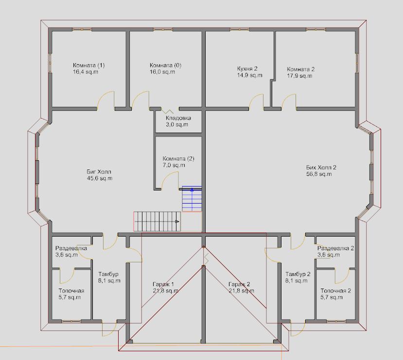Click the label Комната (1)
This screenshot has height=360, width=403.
click(x=88, y=65)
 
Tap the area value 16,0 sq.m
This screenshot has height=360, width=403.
click(x=162, y=72)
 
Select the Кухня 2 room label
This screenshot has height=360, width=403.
click(x=247, y=69)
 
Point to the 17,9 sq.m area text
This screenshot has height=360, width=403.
click(x=299, y=76)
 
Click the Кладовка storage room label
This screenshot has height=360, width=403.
click(x=178, y=118)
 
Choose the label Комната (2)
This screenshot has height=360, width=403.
click(x=178, y=158)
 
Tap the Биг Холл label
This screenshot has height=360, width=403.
click(x=99, y=171)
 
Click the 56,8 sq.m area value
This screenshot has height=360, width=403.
click(x=319, y=174)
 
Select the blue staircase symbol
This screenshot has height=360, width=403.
click(x=192, y=199)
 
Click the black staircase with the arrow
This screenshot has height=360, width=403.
click(x=157, y=222)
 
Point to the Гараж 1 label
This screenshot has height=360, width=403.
click(x=163, y=284)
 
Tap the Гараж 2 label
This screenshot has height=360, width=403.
click(x=239, y=284)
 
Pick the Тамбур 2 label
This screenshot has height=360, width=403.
click(x=298, y=274)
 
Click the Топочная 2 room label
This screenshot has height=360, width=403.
click(x=335, y=291)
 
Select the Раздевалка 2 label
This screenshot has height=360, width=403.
click(x=335, y=248)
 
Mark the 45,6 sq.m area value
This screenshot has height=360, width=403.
click(x=100, y=178)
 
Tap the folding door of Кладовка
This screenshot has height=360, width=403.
click(x=167, y=111)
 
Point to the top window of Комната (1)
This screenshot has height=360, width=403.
click(x=82, y=30)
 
